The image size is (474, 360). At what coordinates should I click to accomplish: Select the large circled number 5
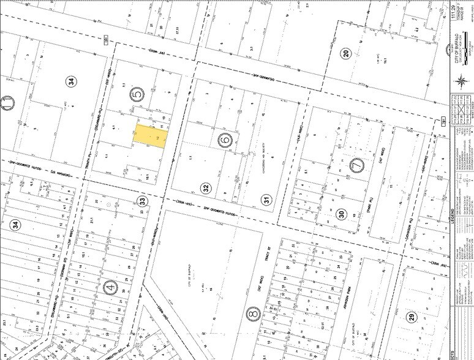pos(137,94)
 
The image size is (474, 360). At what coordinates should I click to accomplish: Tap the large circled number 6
pos(224,140)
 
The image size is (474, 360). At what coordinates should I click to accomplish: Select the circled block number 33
pos(143,200)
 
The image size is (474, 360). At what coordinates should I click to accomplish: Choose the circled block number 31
pos(266,198)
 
